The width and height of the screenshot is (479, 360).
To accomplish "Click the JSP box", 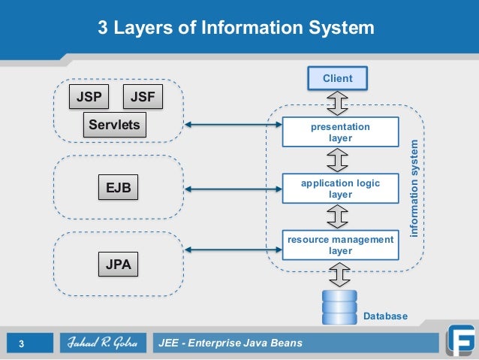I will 89,98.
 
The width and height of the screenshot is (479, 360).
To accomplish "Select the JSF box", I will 142,98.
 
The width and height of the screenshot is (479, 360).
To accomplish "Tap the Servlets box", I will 114,125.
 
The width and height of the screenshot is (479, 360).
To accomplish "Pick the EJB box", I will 119,188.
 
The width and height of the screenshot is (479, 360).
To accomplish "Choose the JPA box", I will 119,265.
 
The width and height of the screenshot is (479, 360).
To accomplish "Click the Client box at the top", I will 337,78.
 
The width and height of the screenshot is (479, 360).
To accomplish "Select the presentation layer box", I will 340,132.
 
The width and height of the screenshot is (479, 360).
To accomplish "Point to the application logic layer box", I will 340,189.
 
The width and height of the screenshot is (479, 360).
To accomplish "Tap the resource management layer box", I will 340,245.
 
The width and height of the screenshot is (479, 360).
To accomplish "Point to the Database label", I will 385,316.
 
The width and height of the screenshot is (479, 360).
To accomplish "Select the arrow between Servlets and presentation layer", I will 233,124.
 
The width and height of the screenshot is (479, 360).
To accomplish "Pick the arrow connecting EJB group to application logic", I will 233,187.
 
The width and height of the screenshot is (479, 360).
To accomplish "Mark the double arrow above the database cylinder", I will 339,276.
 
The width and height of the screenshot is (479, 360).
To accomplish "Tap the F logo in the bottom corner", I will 459,339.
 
